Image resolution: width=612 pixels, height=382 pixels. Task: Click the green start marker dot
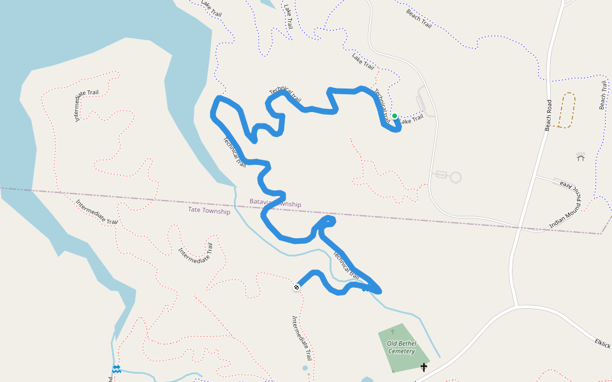click(395, 116)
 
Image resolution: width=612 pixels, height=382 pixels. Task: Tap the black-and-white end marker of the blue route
click(296, 287)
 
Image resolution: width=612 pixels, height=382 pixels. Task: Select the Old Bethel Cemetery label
click(402, 347)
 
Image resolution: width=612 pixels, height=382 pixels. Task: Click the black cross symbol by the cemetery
click(424, 367)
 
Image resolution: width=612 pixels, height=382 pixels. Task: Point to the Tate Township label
click(209, 210)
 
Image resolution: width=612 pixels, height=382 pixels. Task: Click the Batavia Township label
click(275, 202)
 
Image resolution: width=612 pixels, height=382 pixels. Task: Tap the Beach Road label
click(548, 115)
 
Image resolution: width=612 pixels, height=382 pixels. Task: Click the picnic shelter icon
click(580, 156)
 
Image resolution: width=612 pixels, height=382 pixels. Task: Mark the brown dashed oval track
click(566, 110)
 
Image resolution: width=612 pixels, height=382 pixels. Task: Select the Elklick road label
click(602, 343)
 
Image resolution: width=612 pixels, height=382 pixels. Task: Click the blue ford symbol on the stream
click(117, 369)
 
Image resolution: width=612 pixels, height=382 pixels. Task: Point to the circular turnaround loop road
click(455, 177)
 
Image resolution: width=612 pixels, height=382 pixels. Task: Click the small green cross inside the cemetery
click(393, 331)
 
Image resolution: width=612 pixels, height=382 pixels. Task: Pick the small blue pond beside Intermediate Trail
click(305, 368)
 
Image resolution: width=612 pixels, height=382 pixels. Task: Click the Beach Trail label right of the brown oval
click(602, 95)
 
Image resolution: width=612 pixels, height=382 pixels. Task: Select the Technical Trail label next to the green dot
click(381, 104)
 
